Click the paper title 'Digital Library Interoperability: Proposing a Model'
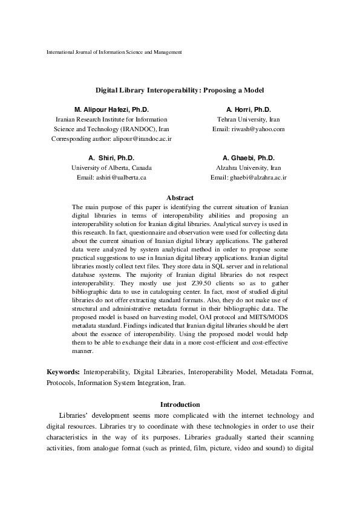coord(180,89)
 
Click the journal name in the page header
coord(114,53)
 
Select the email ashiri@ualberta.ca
coord(125,178)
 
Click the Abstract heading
coord(180,198)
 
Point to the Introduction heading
coord(180,404)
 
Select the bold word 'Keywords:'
coord(64,371)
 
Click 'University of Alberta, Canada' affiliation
coord(111,167)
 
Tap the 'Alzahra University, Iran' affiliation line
coord(248,167)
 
